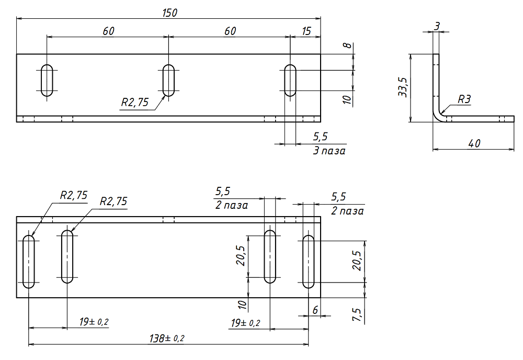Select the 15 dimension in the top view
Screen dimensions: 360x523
pyautogui.click(x=306, y=31)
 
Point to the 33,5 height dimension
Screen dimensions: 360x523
pyautogui.click(x=402, y=88)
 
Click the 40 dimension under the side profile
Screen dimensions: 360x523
pyautogui.click(x=474, y=143)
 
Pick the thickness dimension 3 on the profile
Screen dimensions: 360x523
pyautogui.click(x=436, y=25)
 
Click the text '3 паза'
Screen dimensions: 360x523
pyautogui.click(x=328, y=151)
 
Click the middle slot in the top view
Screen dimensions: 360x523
pyautogui.click(x=168, y=80)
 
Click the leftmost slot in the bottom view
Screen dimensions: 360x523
pyautogui.click(x=29, y=261)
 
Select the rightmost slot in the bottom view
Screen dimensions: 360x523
pyautogui.click(x=309, y=261)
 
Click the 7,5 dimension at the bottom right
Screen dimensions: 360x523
pyautogui.click(x=357, y=314)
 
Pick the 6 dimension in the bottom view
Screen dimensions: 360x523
pyautogui.click(x=315, y=310)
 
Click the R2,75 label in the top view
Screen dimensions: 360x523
pyautogui.click(x=134, y=103)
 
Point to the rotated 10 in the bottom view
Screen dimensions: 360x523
pyautogui.click(x=242, y=305)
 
